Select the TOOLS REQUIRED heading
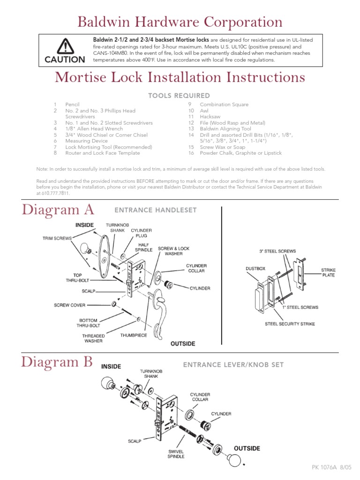179,96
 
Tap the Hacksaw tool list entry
210,117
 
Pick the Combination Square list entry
224,105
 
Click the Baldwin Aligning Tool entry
225,129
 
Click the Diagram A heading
58,210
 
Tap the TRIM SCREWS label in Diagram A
57,238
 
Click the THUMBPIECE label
134,335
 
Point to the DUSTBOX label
255,269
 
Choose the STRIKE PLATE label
328,273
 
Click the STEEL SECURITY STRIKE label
290,324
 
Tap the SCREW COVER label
69,305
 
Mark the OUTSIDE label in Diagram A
183,344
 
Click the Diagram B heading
57,362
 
